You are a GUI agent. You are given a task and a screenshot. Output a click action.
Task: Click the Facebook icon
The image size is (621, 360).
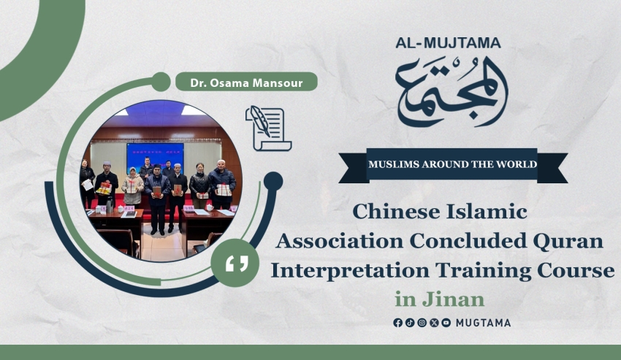click(397, 323)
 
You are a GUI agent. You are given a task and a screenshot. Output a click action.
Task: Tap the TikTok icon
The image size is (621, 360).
click(410, 323)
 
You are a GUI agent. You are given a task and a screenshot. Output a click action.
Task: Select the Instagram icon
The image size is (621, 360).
click(422, 323)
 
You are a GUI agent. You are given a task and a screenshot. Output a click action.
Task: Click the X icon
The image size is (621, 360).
click(434, 323)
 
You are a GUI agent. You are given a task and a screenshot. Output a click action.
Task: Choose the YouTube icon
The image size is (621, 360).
click(446, 323)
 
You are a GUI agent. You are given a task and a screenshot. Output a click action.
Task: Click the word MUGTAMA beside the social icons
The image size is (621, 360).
click(483, 323)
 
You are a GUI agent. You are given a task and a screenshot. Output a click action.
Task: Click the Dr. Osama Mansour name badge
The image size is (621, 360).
click(246, 83)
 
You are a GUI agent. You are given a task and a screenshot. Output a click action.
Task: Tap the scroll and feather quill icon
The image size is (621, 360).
click(269, 129)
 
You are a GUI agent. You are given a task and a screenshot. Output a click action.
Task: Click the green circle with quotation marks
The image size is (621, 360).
click(235, 263)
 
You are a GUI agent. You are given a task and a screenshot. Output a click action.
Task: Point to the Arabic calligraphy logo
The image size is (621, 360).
click(452, 92)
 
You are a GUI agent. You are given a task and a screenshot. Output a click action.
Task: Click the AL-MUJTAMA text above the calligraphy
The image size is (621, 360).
click(448, 43)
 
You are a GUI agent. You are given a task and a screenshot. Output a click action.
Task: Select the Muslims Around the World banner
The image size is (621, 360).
click(453, 165)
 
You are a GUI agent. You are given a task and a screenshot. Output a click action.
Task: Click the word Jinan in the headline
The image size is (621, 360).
click(453, 299)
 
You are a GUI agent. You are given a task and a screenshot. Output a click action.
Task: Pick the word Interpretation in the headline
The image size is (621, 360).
click(350, 271)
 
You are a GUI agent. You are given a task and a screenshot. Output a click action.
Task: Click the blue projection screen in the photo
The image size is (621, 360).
click(155, 157)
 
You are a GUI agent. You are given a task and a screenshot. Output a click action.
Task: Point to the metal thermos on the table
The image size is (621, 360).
click(110, 204)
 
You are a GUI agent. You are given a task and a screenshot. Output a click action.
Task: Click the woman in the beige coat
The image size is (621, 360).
click(133, 185)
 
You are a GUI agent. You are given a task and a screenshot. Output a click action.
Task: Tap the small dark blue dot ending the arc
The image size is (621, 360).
click(273, 181)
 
